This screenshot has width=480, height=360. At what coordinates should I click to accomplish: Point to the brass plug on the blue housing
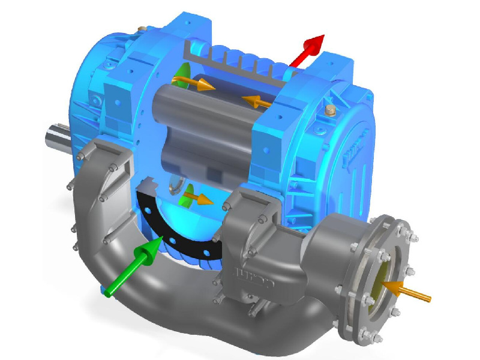[x=329, y=112]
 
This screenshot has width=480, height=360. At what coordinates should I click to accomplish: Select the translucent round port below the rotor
[x=175, y=187]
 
